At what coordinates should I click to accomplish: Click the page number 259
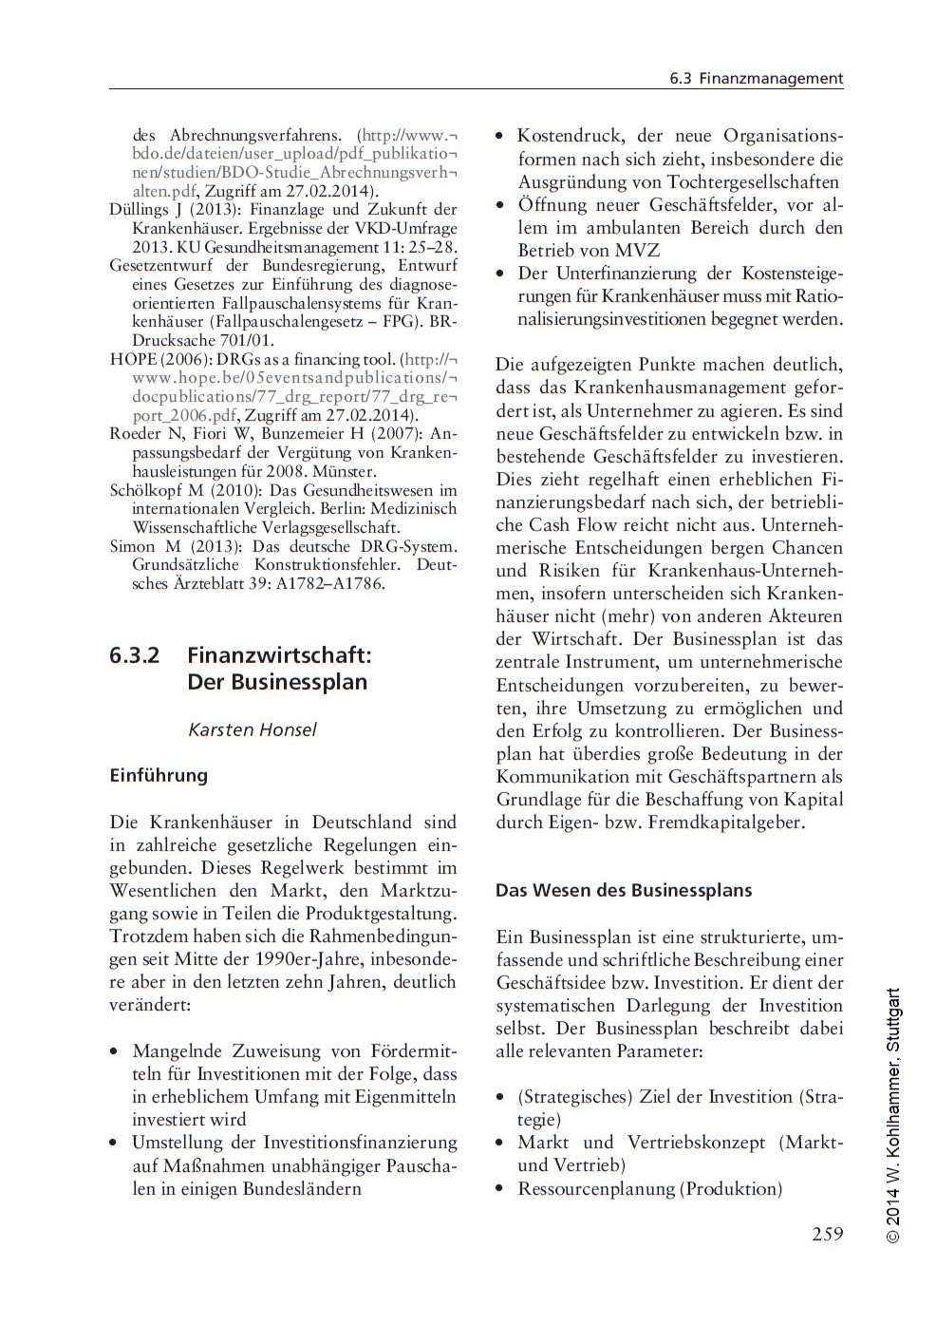pos(827,1235)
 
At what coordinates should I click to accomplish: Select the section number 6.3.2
pos(134,655)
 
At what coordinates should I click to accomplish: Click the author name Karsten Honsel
pos(252,729)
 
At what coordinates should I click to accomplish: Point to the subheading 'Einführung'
pos(159,775)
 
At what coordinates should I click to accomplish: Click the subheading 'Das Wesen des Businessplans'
pos(624,890)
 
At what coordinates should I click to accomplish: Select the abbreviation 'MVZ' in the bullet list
pos(637,251)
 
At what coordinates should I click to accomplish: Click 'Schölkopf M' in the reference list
pos(156,490)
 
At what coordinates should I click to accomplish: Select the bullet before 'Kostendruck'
pos(501,137)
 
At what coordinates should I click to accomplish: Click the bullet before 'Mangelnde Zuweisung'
pos(115,1051)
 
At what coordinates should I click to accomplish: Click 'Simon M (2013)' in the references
pos(166,547)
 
